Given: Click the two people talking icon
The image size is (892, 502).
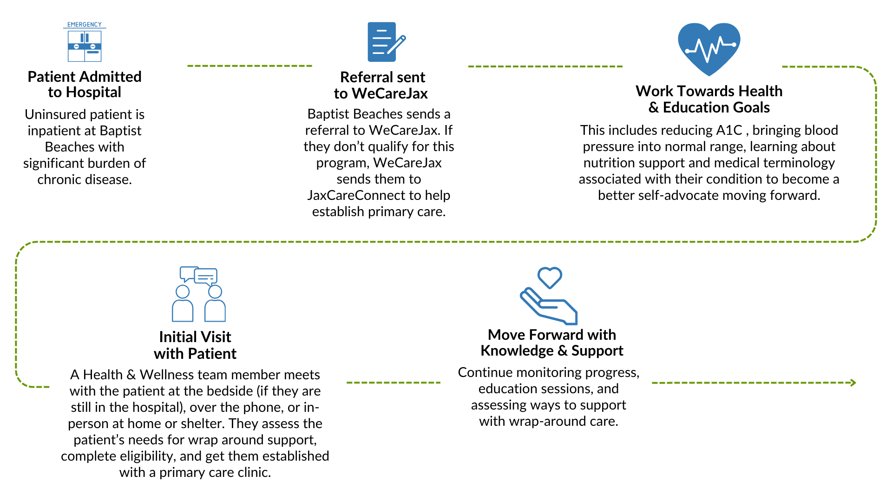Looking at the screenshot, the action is click(x=199, y=294).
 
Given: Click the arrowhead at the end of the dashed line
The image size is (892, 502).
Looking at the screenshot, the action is click(x=853, y=383).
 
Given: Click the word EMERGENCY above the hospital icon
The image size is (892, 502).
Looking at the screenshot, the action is click(x=85, y=25).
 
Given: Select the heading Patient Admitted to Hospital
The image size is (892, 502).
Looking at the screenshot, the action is click(x=85, y=84).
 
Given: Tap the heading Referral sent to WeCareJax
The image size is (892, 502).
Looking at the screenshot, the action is click(x=381, y=85).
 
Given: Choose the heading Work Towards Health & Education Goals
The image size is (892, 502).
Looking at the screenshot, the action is click(x=709, y=99).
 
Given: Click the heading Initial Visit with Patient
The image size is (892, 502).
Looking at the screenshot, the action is click(x=195, y=345).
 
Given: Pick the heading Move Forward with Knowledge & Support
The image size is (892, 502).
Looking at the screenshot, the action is click(x=552, y=343).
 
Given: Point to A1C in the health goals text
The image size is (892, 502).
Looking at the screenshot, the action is click(x=729, y=130).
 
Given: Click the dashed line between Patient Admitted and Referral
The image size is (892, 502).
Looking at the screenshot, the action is click(x=249, y=66).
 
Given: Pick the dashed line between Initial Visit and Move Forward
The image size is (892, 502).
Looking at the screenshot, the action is click(x=393, y=383).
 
